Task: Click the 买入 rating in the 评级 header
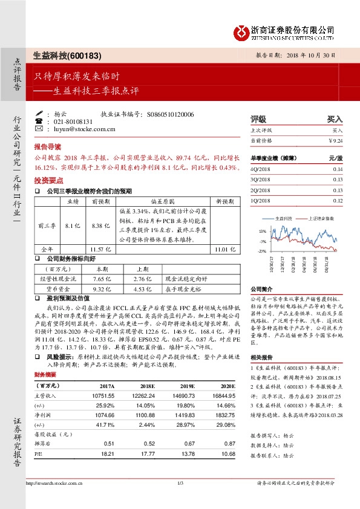tap(335, 119)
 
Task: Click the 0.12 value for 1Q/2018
tap(337, 201)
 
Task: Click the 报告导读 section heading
tap(48, 147)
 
